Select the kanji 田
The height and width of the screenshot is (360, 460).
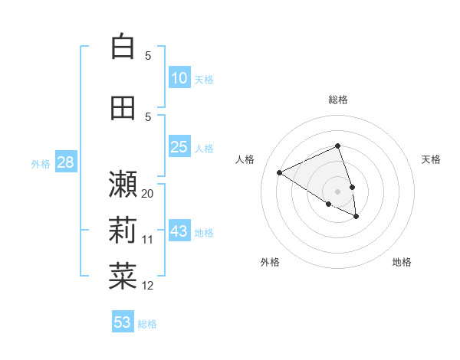point(123,109)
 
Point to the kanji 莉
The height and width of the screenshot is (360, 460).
point(123,230)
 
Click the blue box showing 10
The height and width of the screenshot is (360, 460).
point(179,78)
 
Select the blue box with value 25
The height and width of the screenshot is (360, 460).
point(179,147)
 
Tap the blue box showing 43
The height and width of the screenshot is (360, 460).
point(179,231)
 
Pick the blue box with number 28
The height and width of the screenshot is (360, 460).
point(65,162)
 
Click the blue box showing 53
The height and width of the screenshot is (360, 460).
point(123,322)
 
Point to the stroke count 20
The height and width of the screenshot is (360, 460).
point(148,194)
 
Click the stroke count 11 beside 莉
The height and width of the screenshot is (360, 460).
point(148,240)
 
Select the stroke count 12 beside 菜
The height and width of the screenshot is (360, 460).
point(148,286)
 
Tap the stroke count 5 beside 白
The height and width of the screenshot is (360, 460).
point(148,55)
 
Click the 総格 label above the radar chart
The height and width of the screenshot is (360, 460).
point(338,100)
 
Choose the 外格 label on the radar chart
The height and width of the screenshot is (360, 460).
point(270,262)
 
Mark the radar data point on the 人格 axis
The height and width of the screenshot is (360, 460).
point(280,173)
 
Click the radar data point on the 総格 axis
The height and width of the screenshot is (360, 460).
point(338,146)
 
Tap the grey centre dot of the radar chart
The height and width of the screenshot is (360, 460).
point(338,191)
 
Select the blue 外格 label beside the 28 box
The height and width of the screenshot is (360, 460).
point(41,163)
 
